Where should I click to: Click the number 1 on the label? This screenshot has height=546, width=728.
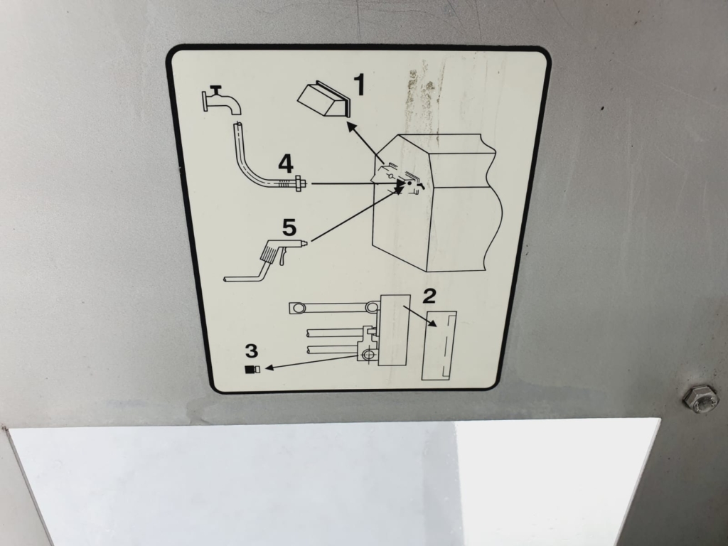pyautogui.click(x=359, y=85)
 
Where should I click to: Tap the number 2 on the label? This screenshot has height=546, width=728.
pyautogui.click(x=429, y=296)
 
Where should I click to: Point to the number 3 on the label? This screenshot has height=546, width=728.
pyautogui.click(x=251, y=351)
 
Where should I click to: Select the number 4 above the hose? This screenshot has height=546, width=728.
pyautogui.click(x=286, y=164)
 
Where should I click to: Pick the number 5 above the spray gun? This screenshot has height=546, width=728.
pyautogui.click(x=289, y=227)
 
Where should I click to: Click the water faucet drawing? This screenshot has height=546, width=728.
pyautogui.click(x=221, y=100)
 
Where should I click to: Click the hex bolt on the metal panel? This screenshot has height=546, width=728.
pyautogui.click(x=698, y=398)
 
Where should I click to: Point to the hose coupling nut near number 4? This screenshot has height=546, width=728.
pyautogui.click(x=298, y=184)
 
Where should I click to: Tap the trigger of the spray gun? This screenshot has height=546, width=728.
pyautogui.click(x=282, y=258)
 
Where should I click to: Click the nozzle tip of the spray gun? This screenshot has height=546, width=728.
pyautogui.click(x=305, y=242)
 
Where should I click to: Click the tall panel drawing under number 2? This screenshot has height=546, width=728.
pyautogui.click(x=439, y=346)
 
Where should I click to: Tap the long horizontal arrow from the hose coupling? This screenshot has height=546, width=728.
pyautogui.click(x=358, y=184)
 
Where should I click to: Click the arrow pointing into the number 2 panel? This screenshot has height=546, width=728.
pyautogui.click(x=420, y=316)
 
